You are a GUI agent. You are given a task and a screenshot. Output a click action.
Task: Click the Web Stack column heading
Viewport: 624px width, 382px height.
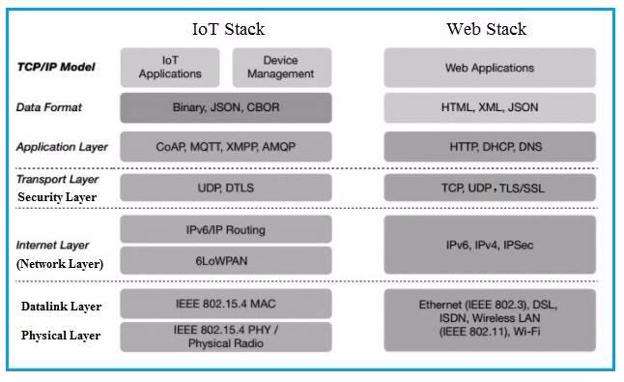click(486, 28)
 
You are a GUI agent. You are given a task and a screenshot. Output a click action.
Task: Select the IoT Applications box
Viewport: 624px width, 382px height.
click(170, 67)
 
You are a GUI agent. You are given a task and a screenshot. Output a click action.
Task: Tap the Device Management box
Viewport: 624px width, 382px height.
click(281, 67)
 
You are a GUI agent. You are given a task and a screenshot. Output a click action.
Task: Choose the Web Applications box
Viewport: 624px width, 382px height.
click(489, 68)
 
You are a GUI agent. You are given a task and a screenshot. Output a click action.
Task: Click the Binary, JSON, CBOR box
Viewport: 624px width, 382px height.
click(225, 107)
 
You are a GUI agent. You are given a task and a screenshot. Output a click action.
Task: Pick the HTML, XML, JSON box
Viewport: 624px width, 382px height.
click(489, 107)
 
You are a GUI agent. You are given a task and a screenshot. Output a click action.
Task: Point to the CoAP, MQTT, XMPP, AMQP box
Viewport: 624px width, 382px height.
click(225, 147)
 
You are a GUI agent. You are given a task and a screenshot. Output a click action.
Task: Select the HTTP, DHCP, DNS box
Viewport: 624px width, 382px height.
click(489, 147)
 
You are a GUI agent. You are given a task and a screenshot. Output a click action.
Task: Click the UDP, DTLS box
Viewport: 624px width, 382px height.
click(225, 188)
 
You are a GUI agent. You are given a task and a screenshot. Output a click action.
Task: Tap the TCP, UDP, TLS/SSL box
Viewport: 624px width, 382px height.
click(489, 188)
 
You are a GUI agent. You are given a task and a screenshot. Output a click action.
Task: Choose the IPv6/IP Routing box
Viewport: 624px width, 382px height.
click(225, 229)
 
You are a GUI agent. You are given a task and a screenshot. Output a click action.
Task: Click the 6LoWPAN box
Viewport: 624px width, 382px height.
click(225, 260)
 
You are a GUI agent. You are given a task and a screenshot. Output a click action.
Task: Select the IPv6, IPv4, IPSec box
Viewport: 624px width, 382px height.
click(489, 245)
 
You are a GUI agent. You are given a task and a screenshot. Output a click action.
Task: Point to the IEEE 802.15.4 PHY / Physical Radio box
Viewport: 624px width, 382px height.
click(225, 337)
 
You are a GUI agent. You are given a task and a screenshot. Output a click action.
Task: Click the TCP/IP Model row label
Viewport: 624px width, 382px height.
click(55, 67)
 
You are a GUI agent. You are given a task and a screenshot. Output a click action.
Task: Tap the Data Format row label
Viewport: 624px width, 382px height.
click(50, 107)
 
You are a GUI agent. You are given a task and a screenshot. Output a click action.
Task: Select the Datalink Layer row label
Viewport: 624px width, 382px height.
click(60, 307)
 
